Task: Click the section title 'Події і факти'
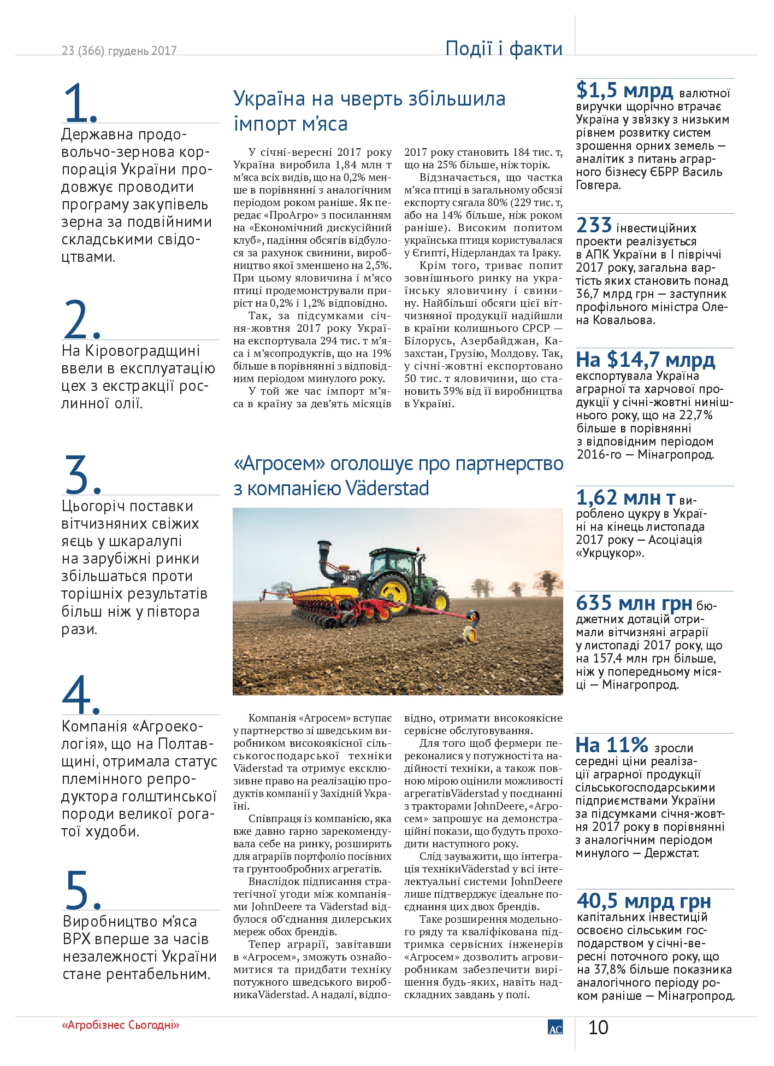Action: point(504,48)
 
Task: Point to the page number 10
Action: point(598,1028)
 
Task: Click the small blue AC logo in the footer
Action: point(555,1027)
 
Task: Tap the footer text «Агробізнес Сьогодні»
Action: point(121,1025)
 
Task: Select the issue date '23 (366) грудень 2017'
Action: point(119,51)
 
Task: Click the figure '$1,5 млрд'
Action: point(625,90)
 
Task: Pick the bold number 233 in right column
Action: point(594,225)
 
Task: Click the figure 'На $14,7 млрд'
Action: point(645,360)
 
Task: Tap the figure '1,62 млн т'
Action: point(626,497)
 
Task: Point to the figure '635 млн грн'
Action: point(634,603)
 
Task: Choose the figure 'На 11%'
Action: point(612,745)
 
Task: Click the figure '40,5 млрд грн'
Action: point(644,900)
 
